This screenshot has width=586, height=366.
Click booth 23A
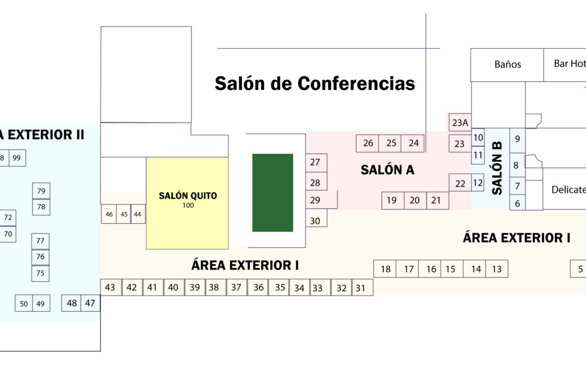tap(460, 123)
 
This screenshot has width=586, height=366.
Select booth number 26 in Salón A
tap(368, 143)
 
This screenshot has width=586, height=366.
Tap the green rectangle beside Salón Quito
tap(272, 192)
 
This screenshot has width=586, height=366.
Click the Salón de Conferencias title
tap(315, 84)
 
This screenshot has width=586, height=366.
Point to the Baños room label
tap(507, 65)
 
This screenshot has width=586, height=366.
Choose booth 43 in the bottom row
tap(110, 287)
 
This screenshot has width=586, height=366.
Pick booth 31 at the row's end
tap(361, 288)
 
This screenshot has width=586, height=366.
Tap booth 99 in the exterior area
tap(17, 158)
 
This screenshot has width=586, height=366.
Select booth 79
tap(41, 191)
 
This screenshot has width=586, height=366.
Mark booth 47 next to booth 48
tap(90, 303)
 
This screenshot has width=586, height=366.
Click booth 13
tap(497, 269)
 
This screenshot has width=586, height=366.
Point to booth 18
tap(385, 269)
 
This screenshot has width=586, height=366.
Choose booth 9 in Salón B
tap(517, 139)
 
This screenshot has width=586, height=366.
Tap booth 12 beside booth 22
tap(477, 183)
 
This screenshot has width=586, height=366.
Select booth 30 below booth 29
tap(315, 220)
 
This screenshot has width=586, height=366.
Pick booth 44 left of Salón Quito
tap(137, 214)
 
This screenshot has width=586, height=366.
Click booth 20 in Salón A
tap(415, 201)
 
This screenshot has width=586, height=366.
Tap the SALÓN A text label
tap(387, 170)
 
